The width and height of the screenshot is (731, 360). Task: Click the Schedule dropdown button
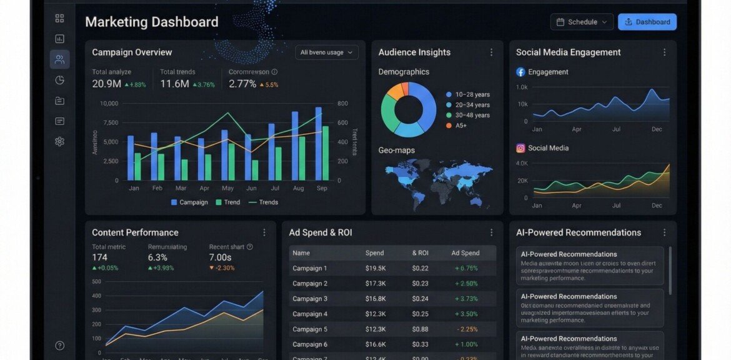pyautogui.click(x=582, y=22)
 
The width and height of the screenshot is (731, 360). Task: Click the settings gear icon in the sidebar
pyautogui.click(x=59, y=141)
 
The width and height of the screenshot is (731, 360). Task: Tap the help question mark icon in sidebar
pyautogui.click(x=59, y=346)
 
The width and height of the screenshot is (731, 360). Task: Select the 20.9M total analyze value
pyautogui.click(x=107, y=84)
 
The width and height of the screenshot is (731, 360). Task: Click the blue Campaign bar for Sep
pyautogui.click(x=318, y=144)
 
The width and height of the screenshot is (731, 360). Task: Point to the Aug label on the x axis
pyautogui.click(x=298, y=188)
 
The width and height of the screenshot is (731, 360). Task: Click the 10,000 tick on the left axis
pyautogui.click(x=109, y=104)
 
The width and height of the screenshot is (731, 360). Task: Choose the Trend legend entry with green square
pyautogui.click(x=228, y=202)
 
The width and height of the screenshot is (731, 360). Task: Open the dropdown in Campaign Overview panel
pyautogui.click(x=327, y=52)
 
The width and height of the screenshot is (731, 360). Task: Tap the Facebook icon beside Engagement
pyautogui.click(x=520, y=72)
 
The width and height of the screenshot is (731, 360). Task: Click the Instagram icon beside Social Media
pyautogui.click(x=520, y=148)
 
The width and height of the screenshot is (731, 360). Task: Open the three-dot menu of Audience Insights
pyautogui.click(x=491, y=52)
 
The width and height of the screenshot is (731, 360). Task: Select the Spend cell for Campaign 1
pyautogui.click(x=375, y=268)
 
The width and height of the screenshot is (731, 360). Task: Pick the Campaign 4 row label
pyautogui.click(x=310, y=314)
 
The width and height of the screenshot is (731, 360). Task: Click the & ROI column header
pyautogui.click(x=420, y=253)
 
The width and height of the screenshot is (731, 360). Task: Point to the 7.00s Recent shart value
pyautogui.click(x=220, y=257)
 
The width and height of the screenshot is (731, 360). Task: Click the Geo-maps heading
pyautogui.click(x=396, y=150)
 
